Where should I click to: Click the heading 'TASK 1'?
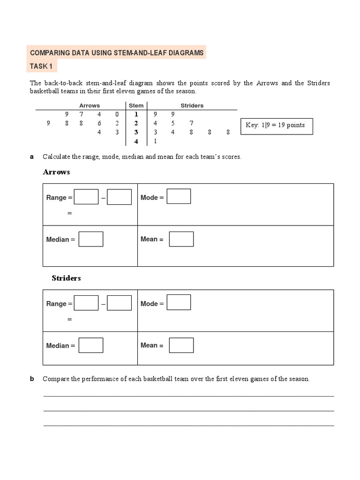41,66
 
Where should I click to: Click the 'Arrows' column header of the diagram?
89,105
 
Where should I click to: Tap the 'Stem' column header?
136,105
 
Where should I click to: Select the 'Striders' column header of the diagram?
192,105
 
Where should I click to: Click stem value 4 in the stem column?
136,141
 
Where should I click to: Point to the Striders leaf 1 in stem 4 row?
155,141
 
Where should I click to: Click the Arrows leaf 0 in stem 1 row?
117,114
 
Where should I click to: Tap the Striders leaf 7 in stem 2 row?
191,123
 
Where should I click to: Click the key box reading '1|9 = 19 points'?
277,126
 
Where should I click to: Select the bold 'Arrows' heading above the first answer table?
56,172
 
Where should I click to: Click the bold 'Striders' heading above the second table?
66,278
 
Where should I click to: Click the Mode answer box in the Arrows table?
179,196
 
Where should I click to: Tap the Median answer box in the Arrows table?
91,239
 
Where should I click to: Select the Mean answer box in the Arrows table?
181,239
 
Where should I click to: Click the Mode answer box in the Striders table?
179,302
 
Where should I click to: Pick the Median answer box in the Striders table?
91,345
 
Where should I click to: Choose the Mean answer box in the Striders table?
181,345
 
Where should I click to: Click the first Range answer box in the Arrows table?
86,197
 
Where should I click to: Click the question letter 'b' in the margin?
32,379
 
